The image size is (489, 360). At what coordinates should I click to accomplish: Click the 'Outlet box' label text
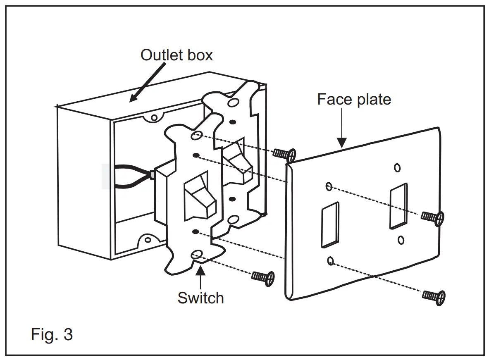point(177,55)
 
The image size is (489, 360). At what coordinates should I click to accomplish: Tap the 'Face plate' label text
point(354,99)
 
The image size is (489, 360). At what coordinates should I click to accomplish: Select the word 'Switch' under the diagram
point(200,298)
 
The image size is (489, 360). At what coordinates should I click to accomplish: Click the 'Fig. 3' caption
point(52,334)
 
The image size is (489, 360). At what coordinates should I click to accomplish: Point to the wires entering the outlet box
point(132,176)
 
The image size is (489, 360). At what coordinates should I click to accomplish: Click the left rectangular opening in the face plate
point(330,225)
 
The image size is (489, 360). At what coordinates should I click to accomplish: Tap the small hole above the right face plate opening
point(397,167)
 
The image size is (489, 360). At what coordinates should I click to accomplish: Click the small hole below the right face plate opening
point(401,239)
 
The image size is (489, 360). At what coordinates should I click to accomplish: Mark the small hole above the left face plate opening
point(329,186)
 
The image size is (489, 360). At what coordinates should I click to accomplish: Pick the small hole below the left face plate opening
point(330,260)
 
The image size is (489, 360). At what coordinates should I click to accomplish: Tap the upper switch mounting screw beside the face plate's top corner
point(285,154)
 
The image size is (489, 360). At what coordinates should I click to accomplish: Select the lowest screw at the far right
point(434,296)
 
